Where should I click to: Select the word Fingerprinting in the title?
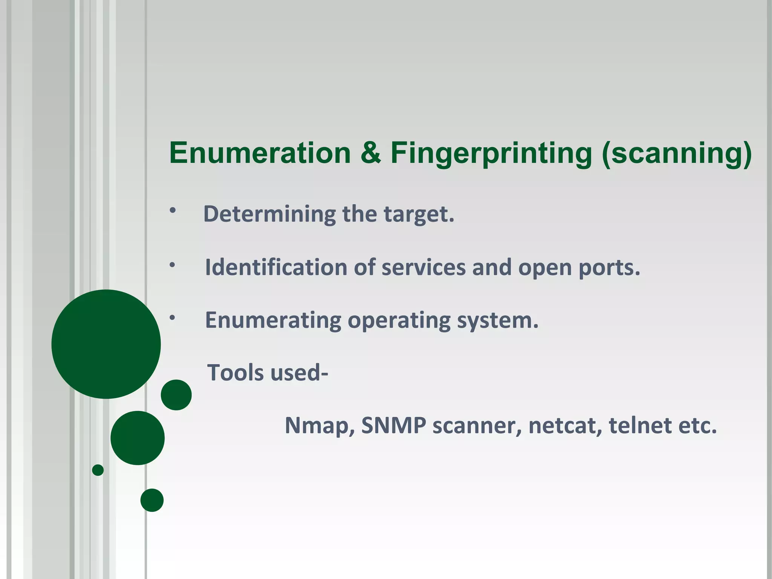coord(491,154)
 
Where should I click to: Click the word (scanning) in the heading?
coord(677,154)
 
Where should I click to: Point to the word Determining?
coord(269,214)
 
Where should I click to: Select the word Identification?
coord(276,267)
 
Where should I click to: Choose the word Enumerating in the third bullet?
coord(273,320)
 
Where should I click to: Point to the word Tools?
coord(236,373)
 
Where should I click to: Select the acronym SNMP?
coord(394,425)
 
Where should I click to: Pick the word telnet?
coord(639,425)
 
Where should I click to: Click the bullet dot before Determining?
coord(173,211)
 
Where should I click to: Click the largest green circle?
coord(106,344)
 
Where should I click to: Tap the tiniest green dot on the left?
coord(98,470)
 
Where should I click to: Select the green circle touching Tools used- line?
coord(176,395)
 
